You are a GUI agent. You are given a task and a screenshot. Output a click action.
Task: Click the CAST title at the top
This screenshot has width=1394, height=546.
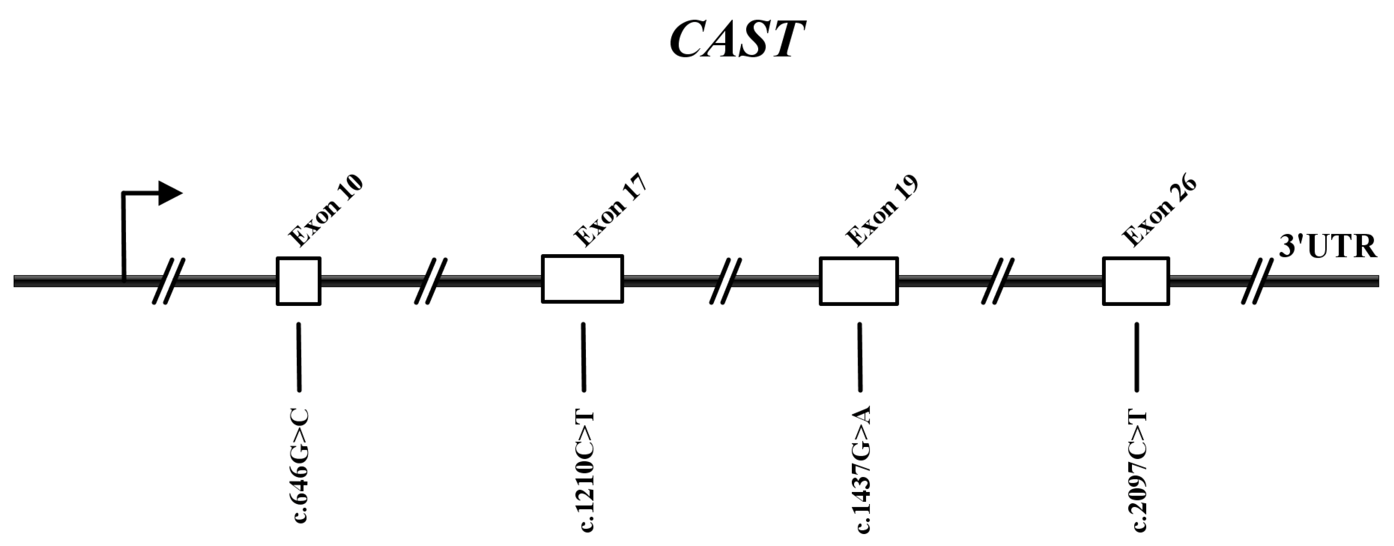(x=737, y=39)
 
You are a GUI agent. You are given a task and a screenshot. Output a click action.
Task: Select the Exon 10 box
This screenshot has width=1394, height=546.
(x=298, y=281)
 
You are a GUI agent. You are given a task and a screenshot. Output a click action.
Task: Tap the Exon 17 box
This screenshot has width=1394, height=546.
(x=582, y=279)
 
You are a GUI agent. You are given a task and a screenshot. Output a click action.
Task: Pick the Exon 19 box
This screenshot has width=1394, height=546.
(x=859, y=281)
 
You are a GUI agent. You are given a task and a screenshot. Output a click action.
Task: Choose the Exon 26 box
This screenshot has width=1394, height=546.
(x=1136, y=281)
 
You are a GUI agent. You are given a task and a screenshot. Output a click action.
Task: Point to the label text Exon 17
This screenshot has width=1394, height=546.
(x=611, y=210)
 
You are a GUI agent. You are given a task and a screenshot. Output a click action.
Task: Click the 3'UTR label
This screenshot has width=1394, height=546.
(x=1327, y=248)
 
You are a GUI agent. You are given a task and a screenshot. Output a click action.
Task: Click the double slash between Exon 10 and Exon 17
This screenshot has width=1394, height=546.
(x=431, y=281)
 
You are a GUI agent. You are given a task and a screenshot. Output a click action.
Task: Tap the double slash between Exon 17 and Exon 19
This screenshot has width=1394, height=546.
(x=725, y=281)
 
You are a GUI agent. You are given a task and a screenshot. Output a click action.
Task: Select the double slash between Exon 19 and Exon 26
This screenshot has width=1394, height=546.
(x=997, y=281)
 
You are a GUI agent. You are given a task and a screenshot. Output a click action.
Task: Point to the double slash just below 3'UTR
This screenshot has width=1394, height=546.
(x=1257, y=281)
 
